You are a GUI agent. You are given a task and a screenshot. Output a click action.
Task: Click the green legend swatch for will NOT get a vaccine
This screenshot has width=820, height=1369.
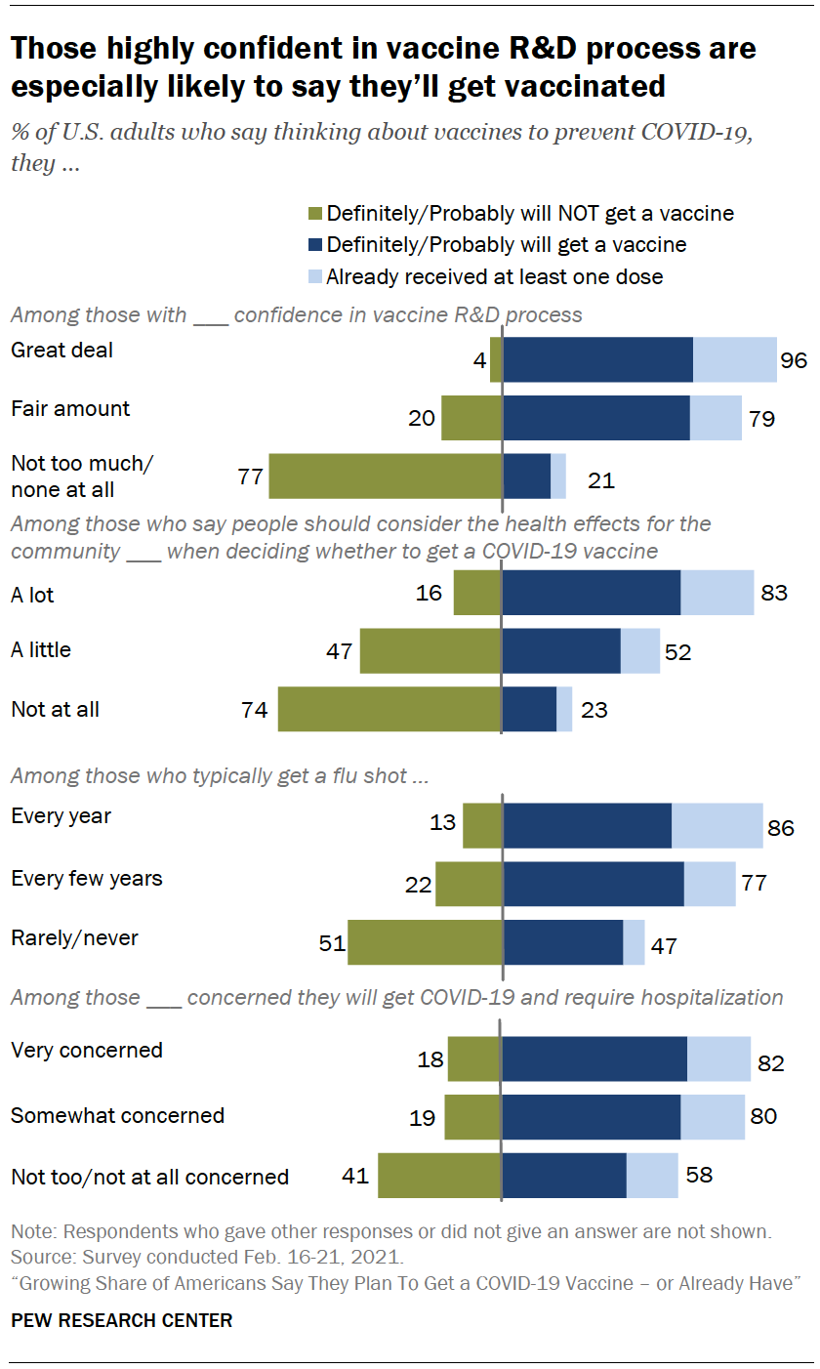[314, 213]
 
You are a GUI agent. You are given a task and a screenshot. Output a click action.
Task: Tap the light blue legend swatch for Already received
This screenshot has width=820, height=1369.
[314, 276]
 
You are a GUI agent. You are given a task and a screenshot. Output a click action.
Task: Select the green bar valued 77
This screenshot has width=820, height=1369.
[386, 477]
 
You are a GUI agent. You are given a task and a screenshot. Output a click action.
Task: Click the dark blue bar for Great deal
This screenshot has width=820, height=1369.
[597, 359]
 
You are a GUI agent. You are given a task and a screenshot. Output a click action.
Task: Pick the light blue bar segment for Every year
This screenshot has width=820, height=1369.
[717, 825]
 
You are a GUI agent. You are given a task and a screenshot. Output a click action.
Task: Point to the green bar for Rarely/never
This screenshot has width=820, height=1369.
[426, 941]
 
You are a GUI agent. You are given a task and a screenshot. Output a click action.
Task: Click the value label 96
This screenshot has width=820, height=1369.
[794, 360]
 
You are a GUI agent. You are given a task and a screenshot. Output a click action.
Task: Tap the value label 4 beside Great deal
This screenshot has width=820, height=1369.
[478, 360]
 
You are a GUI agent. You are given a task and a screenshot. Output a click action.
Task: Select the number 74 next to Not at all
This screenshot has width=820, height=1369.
[254, 710]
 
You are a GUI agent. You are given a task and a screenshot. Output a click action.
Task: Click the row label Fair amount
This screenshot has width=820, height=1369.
[70, 408]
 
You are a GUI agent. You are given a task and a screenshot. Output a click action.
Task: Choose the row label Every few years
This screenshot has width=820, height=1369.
[87, 878]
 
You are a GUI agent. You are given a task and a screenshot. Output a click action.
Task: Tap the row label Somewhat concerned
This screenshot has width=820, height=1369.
[117, 1114]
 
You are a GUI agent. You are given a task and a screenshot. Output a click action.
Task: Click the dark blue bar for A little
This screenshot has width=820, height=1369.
[561, 651]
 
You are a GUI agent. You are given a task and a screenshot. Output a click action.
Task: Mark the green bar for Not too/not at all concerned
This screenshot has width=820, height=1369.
[439, 1175]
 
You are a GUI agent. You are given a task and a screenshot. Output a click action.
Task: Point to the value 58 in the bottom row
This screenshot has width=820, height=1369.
[699, 1174]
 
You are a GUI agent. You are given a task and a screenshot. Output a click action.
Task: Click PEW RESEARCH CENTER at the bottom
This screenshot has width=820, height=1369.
[121, 1320]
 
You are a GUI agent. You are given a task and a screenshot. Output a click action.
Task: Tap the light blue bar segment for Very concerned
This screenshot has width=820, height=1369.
[719, 1059]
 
